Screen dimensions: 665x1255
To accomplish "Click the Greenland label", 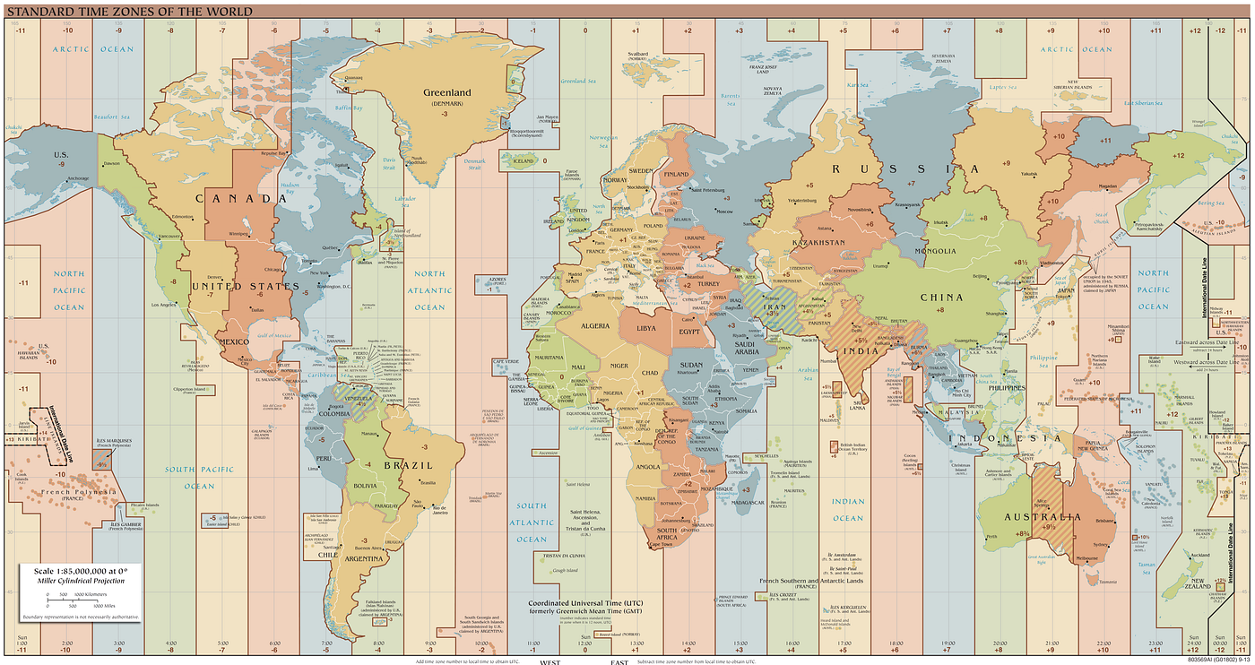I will pyautogui.click(x=446, y=92).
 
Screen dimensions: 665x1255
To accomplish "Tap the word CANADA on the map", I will pyautogui.click(x=235, y=198).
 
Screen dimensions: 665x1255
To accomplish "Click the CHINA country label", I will pyautogui.click(x=941, y=297).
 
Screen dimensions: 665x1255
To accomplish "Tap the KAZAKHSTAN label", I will pyautogui.click(x=818, y=243).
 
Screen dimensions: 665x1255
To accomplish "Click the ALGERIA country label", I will pyautogui.click(x=595, y=328).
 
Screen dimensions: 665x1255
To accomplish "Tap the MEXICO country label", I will pyautogui.click(x=234, y=342).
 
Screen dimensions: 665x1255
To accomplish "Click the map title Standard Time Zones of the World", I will pyautogui.click(x=129, y=12).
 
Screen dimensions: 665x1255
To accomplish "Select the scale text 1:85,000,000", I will pyautogui.click(x=81, y=571).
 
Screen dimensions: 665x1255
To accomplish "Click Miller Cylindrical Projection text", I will pyautogui.click(x=81, y=582).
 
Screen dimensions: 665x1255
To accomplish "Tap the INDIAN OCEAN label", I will pyautogui.click(x=847, y=510).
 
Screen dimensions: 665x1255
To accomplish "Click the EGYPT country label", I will pyautogui.click(x=689, y=332).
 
